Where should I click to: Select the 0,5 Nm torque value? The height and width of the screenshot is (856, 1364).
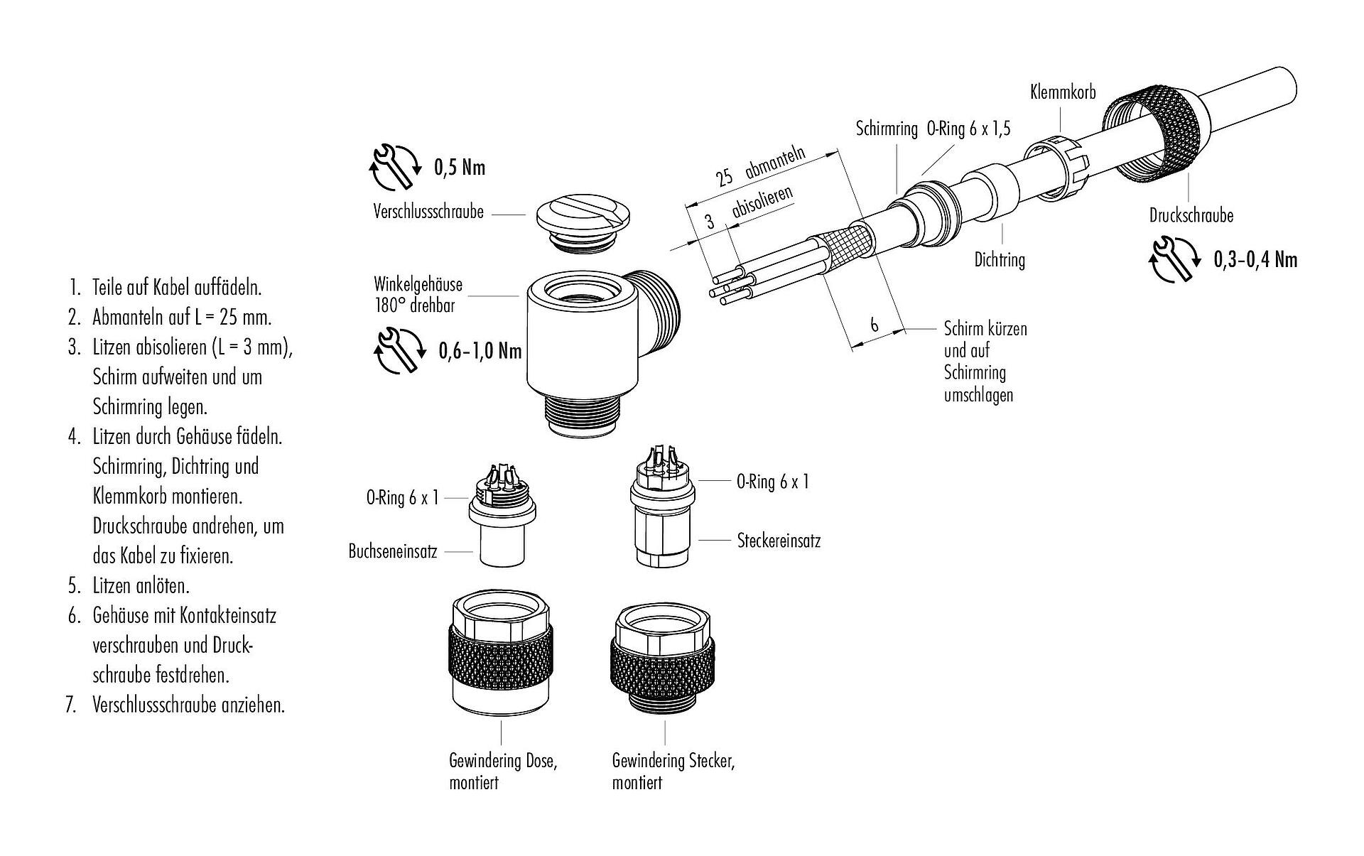point(460,167)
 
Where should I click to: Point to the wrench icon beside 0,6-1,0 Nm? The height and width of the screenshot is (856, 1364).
point(396,350)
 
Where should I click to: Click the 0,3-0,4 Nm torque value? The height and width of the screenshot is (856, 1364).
point(1255,259)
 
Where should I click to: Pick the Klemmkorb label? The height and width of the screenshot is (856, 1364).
point(1063,92)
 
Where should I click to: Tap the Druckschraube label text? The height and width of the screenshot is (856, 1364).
point(1191,215)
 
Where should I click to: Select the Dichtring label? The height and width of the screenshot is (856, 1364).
point(1000,260)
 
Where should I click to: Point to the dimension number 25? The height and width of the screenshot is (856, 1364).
point(724,176)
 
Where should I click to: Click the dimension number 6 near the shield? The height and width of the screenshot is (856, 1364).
point(874,325)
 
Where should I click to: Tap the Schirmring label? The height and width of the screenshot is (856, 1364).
point(886,129)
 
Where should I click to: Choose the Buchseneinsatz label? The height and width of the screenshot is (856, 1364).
point(392,551)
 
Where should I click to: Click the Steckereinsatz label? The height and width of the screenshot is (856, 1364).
point(779,541)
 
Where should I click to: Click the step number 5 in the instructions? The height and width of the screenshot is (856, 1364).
point(73,586)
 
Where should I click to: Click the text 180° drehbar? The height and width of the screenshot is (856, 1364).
point(414,306)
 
